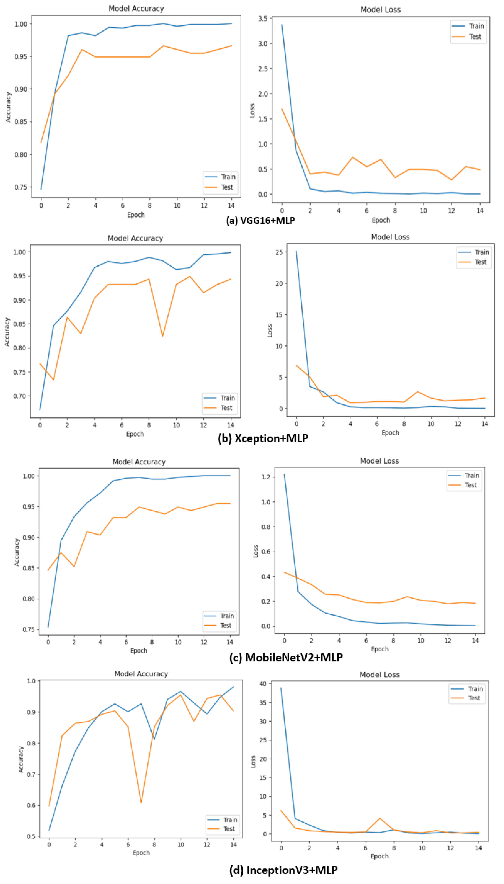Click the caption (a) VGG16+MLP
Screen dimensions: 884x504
point(260,220)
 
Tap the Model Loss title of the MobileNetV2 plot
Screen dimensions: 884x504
point(379,461)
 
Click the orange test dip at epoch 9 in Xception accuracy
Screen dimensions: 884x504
point(162,336)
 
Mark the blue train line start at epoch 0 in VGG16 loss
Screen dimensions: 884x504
point(282,25)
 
